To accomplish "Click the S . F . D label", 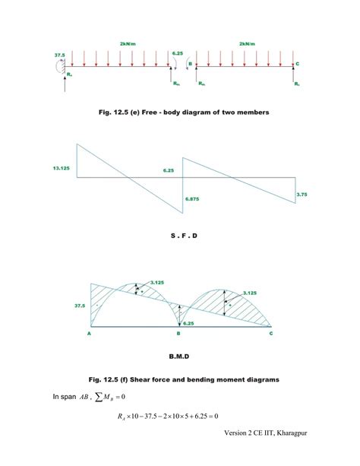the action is point(184,236).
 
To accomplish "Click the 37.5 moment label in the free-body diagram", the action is point(59,55).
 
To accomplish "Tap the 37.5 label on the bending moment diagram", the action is point(80,306).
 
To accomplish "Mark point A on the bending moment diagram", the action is point(90,333).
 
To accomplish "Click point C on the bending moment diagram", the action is point(271,333).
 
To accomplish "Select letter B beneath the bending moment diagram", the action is point(178,333).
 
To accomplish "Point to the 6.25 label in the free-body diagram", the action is point(177,53).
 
